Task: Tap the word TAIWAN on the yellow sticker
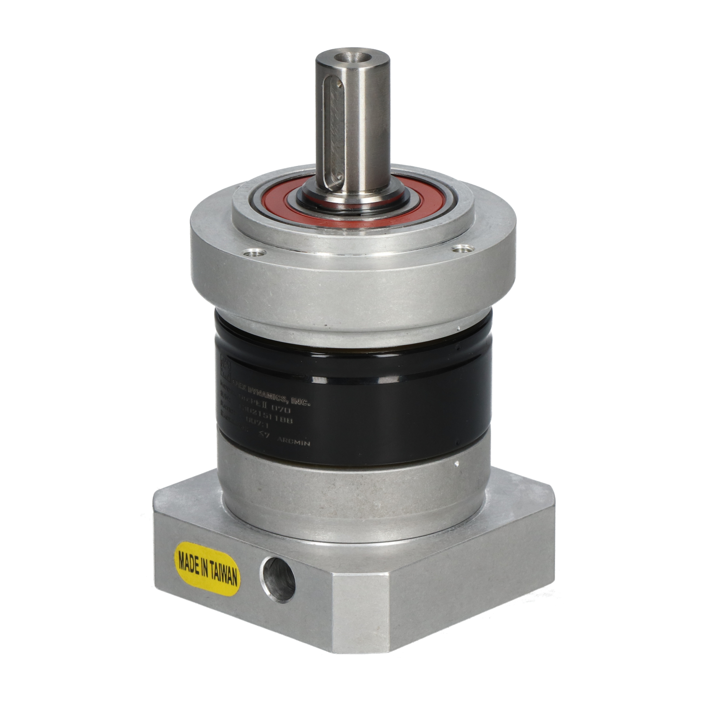[x=221, y=573]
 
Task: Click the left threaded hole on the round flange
[x=256, y=253]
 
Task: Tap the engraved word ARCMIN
[x=293, y=442]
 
